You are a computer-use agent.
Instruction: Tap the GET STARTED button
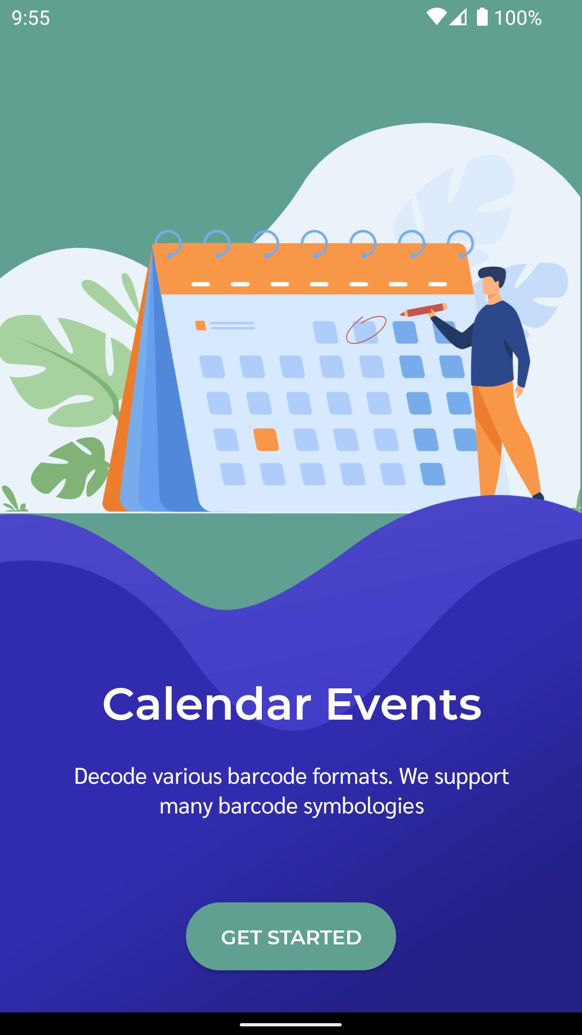(x=291, y=937)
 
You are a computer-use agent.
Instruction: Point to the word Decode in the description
(x=110, y=776)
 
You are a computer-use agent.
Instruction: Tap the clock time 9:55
(x=31, y=18)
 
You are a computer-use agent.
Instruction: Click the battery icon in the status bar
(x=482, y=17)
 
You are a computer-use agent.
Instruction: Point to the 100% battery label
(x=518, y=18)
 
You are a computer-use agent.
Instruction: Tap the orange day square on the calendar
(x=266, y=439)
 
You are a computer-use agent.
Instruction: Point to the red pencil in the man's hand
(x=424, y=310)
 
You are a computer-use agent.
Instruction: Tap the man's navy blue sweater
(x=493, y=345)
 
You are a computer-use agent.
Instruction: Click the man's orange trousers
(x=504, y=437)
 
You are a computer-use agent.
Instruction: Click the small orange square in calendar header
(x=200, y=326)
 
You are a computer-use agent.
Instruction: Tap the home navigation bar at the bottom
(x=291, y=1024)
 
